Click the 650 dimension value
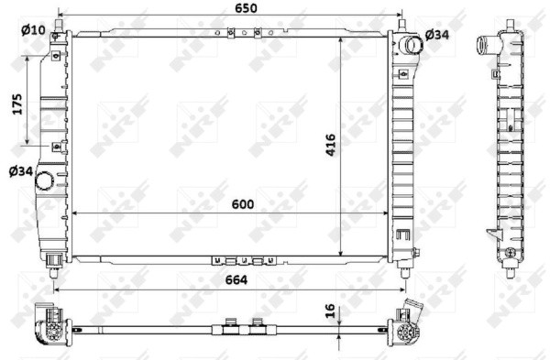pos(243,8)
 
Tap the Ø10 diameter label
pos(32,30)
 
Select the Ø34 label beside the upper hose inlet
pos(438,35)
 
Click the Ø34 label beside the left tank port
pos(21,170)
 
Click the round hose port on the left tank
pos(45,182)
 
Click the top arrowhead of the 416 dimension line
pos(341,40)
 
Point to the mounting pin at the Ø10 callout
pos(56,37)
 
